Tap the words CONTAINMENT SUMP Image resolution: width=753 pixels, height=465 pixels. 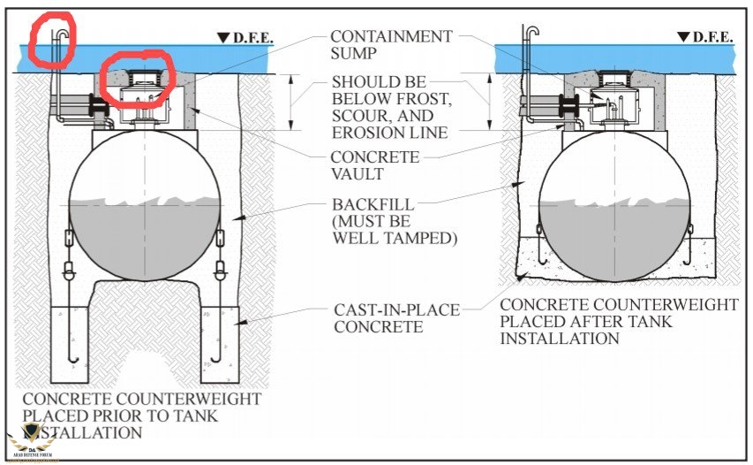tap(391, 46)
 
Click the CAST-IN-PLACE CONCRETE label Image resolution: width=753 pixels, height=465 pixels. tap(395, 319)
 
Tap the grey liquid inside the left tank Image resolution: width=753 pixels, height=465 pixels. tap(146, 234)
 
